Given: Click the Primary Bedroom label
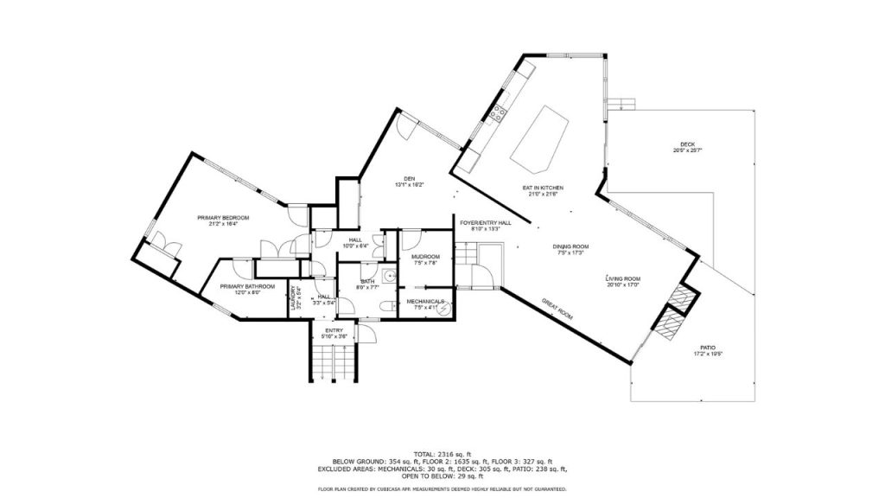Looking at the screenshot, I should click(x=222, y=218).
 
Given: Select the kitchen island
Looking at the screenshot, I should click(x=540, y=138).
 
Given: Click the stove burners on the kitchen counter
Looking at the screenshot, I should click(x=498, y=112).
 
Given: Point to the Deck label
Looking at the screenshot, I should click(x=687, y=144).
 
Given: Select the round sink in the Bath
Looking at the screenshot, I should click(x=390, y=277).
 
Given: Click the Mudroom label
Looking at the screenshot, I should click(x=425, y=257).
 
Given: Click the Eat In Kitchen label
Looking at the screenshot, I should click(x=543, y=188).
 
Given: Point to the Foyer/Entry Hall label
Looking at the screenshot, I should click(x=485, y=222).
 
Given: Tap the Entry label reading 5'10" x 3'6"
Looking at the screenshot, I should click(x=334, y=336).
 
